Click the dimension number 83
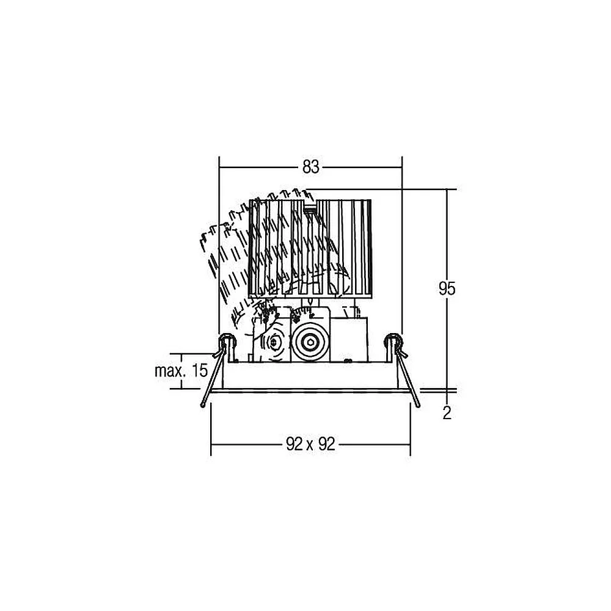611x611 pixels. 310,167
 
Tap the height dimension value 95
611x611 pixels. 447,288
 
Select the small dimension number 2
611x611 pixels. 447,412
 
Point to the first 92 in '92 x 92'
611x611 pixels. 295,444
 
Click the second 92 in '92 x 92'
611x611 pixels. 326,444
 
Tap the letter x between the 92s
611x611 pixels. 310,445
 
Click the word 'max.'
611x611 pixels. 169,371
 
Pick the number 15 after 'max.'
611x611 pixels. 200,371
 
